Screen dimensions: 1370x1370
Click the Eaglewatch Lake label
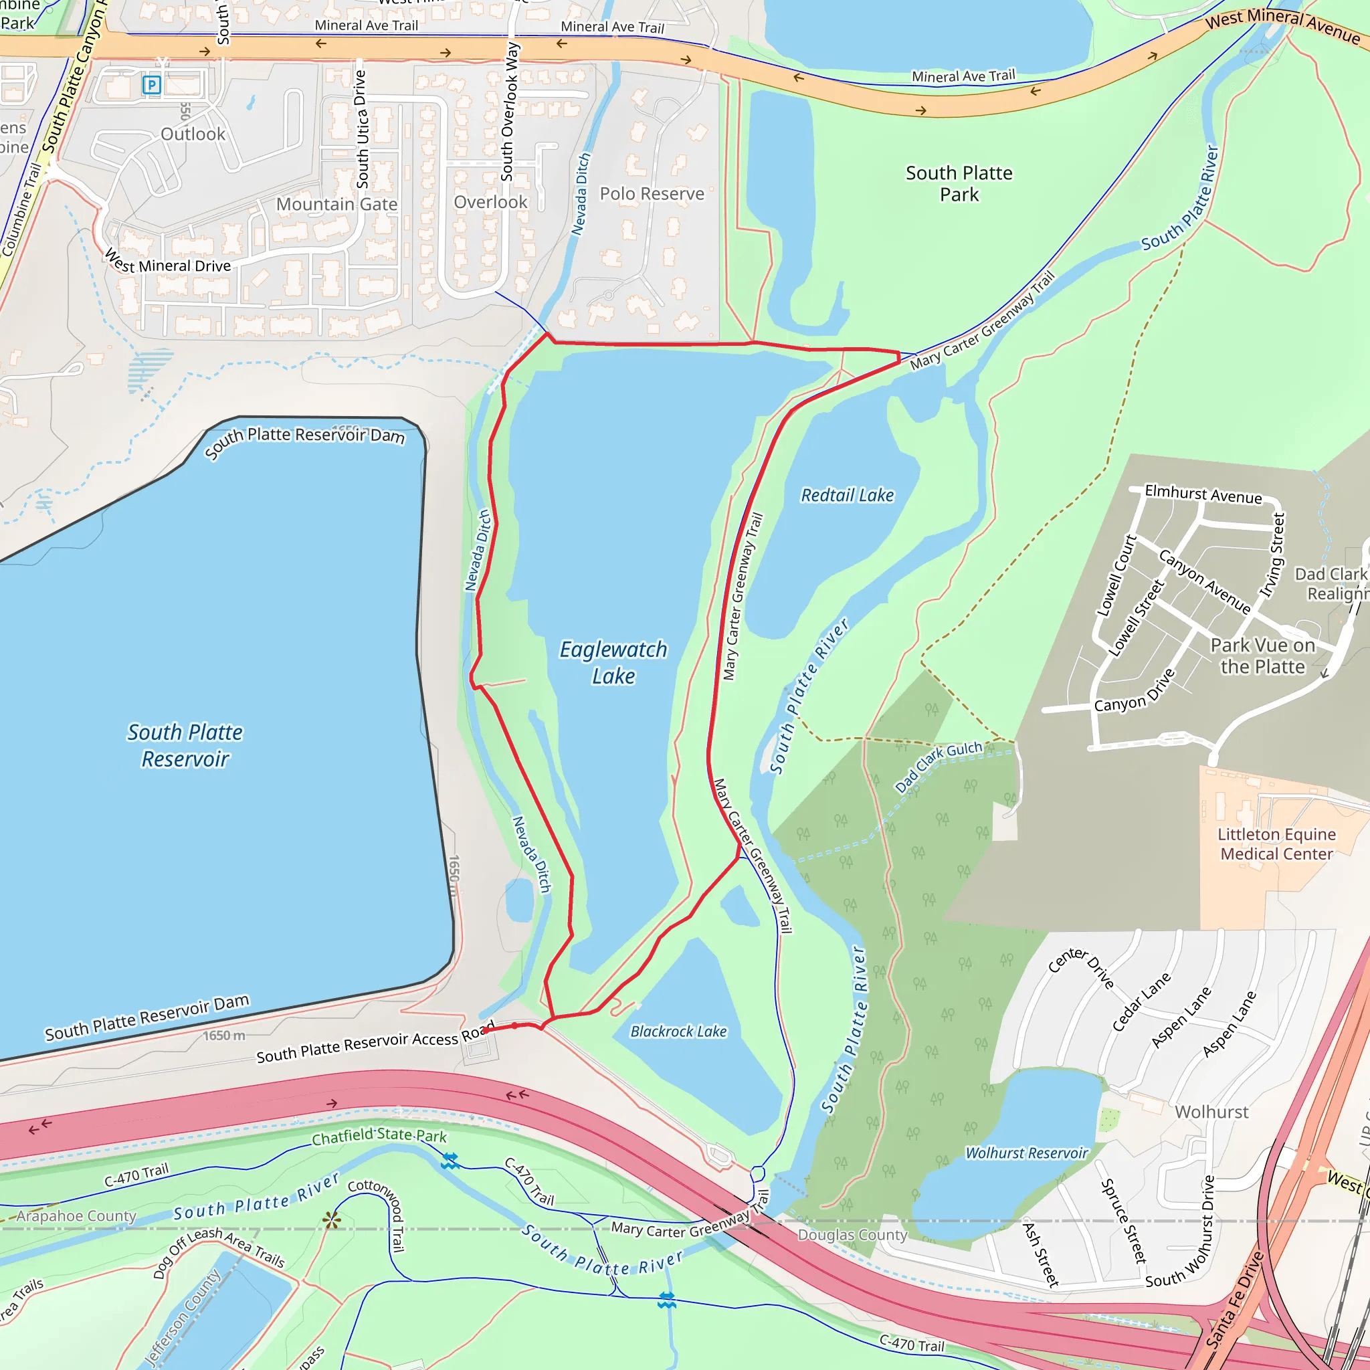point(613,662)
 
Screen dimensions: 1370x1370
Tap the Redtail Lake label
point(848,495)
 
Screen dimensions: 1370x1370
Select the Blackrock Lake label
point(678,1031)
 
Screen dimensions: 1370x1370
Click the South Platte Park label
point(959,184)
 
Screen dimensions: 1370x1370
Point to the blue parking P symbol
point(151,86)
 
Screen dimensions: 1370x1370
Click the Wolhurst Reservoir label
point(1026,1153)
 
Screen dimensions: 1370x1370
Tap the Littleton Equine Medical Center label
point(1276,844)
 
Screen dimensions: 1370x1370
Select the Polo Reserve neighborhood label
point(652,193)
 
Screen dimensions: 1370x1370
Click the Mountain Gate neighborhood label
point(337,204)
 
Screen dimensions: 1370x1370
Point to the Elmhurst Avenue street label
point(1203,494)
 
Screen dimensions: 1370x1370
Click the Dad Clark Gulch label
point(937,767)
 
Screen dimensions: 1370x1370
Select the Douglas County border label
point(852,1235)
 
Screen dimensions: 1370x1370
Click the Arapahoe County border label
point(76,1215)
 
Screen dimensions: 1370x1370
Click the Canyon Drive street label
point(1134,692)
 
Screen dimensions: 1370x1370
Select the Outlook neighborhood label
point(193,134)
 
